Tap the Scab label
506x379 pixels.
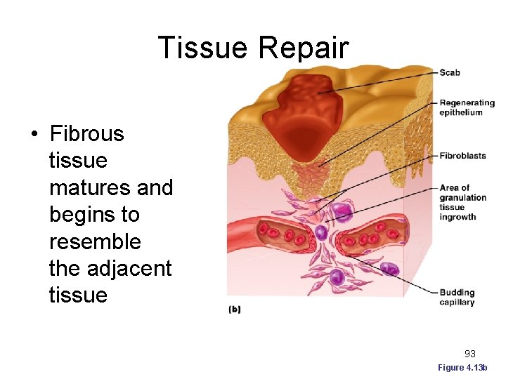(450, 72)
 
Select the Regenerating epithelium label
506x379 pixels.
(467, 107)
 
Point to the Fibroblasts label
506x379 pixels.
(462, 156)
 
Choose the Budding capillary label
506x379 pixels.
(457, 297)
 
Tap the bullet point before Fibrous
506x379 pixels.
(34, 134)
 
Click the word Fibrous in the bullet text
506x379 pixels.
(86, 134)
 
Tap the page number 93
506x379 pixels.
(470, 354)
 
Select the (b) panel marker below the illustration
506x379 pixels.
(234, 310)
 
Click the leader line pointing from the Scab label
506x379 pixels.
(379, 82)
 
